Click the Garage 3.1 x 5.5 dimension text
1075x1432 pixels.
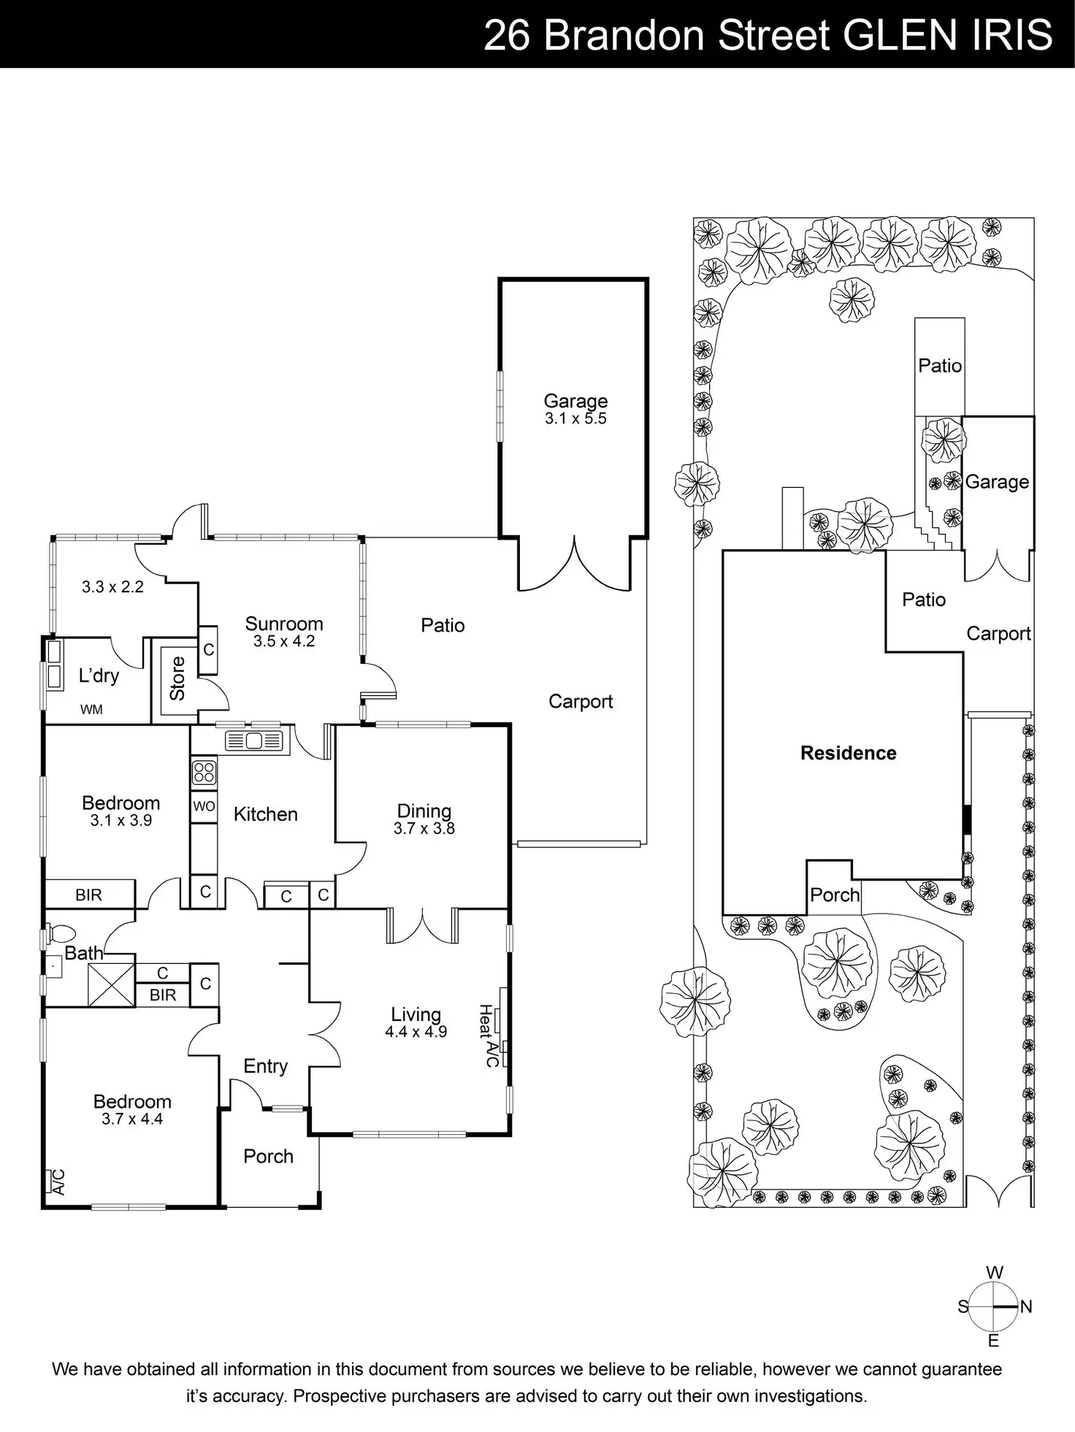pos(575,419)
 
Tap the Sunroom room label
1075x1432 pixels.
pos(284,624)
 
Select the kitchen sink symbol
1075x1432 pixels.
pos(253,740)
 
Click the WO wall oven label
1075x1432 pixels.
pos(204,806)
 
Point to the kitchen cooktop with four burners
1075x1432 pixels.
pos(204,772)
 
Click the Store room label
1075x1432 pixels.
pos(177,678)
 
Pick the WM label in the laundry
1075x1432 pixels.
pos(91,709)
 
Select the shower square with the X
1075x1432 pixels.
pos(111,984)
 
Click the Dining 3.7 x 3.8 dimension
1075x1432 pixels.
pos(424,829)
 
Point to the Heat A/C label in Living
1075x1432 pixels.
pos(489,1035)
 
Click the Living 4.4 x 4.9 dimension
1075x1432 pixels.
pos(416,1032)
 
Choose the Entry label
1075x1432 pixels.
pos(265,1066)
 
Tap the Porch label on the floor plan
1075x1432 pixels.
pos(268,1156)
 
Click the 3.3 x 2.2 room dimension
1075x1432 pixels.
pos(112,587)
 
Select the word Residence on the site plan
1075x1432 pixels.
pos(848,753)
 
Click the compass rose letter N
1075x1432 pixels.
pos(1026,1306)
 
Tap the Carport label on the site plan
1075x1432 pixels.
pos(998,634)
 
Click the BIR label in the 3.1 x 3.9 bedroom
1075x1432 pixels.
pos(88,895)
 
